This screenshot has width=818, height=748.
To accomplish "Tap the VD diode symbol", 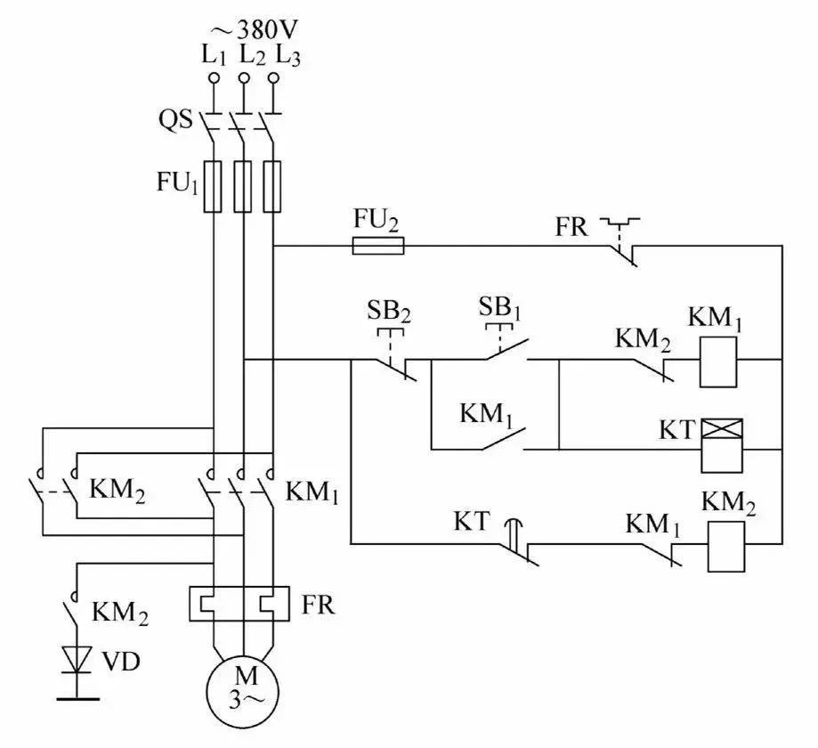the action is pos(77,660).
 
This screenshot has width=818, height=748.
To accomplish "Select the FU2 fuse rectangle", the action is pos(378,246).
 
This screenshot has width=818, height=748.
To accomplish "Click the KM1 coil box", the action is pos(718,362).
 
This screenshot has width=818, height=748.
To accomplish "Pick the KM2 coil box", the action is pos(726,547).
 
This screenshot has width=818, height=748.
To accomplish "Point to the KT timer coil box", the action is pos(722,445).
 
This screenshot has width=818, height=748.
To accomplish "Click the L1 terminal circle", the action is pos(214,78).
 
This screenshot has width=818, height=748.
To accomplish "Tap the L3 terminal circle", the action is pos(273,78).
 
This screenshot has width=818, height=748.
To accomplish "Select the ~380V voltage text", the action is pos(255,30).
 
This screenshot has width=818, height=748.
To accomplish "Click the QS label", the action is pos(176,120).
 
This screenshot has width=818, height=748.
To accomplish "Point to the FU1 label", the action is pos(178,183).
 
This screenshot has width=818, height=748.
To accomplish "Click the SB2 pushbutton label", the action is pos(389,312).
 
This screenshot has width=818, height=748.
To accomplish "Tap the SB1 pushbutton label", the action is pos(499,308).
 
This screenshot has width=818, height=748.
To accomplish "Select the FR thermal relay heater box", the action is pos(239,604).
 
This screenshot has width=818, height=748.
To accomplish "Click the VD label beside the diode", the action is pos(120,662).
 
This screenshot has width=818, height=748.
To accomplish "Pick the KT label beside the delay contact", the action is pos(472,521).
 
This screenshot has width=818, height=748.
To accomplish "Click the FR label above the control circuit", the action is pos(571,227).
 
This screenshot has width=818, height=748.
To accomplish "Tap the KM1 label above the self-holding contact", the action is pos(486,415).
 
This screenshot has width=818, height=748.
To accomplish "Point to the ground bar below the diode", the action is pos(77,698).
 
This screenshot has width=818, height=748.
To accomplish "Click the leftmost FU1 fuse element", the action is pos(212,186).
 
